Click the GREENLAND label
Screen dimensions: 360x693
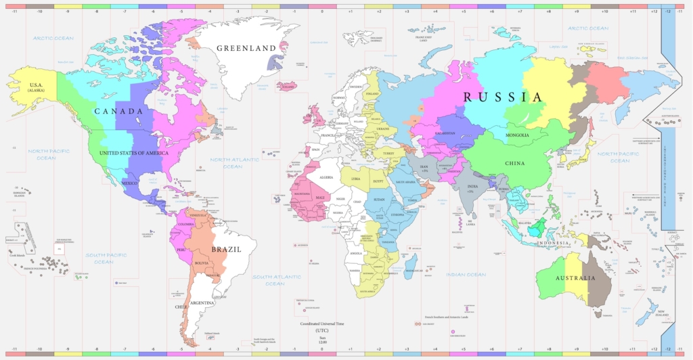pos(246,48)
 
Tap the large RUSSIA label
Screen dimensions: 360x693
pos(503,97)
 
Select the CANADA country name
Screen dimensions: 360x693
pos(118,111)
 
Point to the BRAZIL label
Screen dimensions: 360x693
pos(226,249)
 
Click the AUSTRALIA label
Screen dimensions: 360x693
pos(575,278)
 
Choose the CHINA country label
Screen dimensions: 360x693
pos(516,163)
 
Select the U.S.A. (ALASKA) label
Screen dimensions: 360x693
pos(35,86)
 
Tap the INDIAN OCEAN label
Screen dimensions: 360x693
pos(466,275)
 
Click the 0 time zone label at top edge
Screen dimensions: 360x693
pos(321,12)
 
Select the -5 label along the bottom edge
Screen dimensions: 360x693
pos(181,349)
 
